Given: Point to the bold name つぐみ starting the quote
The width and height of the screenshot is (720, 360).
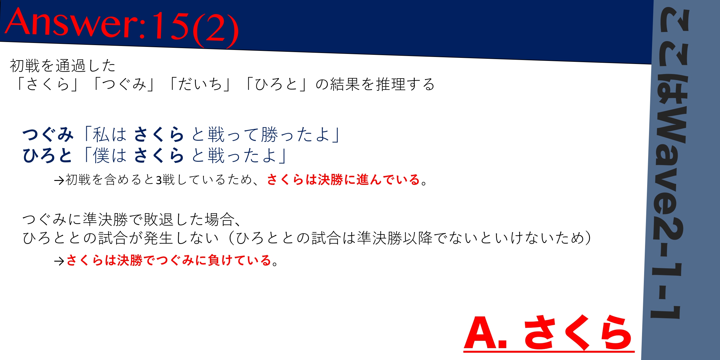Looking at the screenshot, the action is click(48, 134).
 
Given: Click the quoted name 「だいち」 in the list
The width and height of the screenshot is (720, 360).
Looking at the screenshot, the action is click(200, 84).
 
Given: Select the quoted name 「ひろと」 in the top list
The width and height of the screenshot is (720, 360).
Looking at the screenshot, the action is click(276, 84).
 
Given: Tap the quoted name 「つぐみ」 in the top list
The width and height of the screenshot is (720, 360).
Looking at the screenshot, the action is click(124, 84).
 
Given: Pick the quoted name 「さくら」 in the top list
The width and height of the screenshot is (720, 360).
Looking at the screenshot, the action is click(48, 84).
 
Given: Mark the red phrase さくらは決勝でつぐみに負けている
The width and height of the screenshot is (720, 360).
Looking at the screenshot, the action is click(168, 260).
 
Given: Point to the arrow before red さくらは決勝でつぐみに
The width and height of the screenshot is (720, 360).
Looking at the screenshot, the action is click(59, 261).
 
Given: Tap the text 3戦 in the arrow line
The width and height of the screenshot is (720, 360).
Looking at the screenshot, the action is click(165, 180).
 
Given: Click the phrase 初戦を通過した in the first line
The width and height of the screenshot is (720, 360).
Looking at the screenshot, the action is click(63, 66).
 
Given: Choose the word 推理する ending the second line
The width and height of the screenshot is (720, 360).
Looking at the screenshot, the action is click(406, 84).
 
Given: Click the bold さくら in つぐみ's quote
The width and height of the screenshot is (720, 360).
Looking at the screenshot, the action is click(159, 134).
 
